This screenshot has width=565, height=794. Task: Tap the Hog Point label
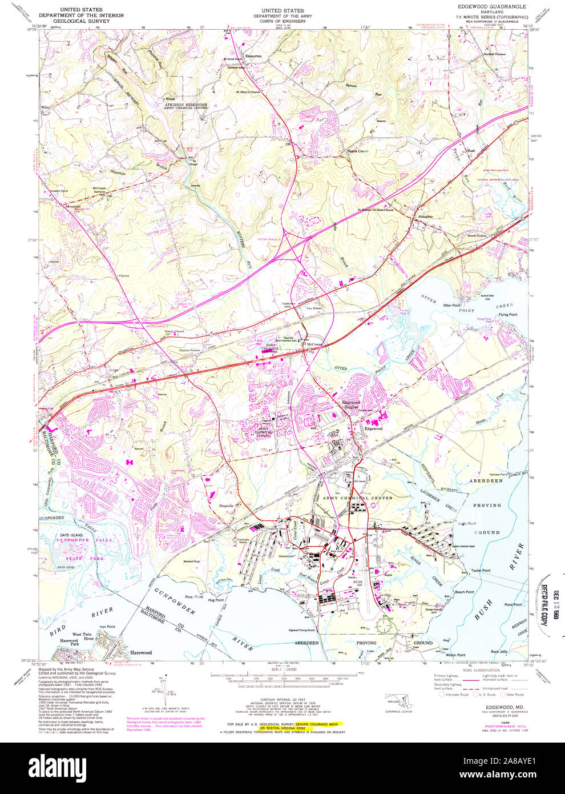[x=216, y=600]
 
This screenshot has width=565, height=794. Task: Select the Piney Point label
[x=193, y=597]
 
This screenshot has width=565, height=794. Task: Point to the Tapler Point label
[x=480, y=571]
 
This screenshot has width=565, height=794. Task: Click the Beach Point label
[x=464, y=592]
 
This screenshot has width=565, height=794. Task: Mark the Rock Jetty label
[x=499, y=652]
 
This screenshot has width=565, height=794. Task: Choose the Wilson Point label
[x=456, y=655]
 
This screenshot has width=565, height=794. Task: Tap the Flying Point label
[x=507, y=315]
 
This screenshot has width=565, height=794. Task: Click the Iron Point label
[x=107, y=627]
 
